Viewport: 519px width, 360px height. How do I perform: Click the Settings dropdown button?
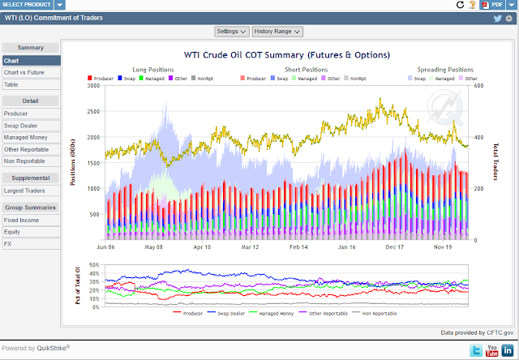tap(232, 32)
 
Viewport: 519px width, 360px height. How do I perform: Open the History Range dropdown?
tap(277, 32)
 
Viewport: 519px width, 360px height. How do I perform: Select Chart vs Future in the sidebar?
tap(24, 72)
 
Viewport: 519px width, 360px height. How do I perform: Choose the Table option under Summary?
tap(11, 84)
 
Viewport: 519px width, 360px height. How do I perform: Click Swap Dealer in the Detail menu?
tap(22, 126)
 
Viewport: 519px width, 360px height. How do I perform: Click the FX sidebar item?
tap(8, 243)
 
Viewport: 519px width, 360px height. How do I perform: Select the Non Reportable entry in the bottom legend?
tap(380, 313)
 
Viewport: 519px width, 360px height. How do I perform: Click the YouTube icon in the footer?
tap(491, 349)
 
